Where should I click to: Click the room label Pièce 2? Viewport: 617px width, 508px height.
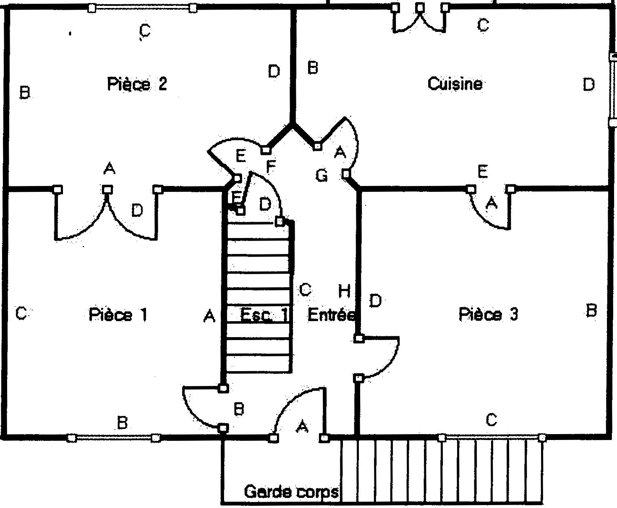[x=137, y=84]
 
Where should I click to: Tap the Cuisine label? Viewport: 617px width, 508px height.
[x=455, y=84]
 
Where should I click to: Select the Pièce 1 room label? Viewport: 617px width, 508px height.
[x=118, y=314]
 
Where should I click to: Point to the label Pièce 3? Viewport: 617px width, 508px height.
[x=488, y=314]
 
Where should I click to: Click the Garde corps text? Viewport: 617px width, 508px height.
[x=291, y=491]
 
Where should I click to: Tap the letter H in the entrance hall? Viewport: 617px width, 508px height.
[x=344, y=291]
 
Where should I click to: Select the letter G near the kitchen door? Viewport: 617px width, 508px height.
[x=321, y=175]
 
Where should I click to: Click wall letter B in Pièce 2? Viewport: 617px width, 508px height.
[x=25, y=92]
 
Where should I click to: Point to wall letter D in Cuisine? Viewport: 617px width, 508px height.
[x=588, y=85]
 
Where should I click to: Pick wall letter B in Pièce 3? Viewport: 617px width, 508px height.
[x=591, y=311]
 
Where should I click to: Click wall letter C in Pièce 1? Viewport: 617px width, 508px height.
[x=21, y=313]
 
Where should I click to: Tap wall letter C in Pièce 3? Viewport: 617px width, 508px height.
[x=491, y=419]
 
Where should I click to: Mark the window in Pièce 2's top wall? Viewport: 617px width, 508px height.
[x=142, y=8]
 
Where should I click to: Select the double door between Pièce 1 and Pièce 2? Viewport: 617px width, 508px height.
[x=107, y=214]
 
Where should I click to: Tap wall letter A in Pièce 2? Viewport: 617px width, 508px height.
[x=109, y=169]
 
